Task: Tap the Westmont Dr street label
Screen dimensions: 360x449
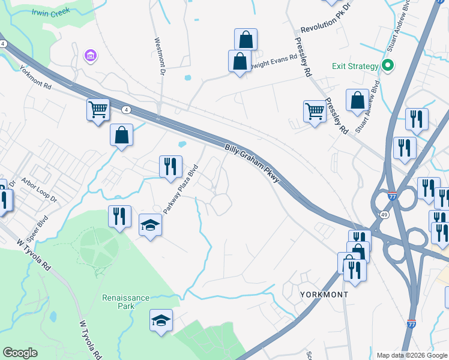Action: pyautogui.click(x=160, y=57)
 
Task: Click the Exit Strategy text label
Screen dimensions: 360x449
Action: pyautogui.click(x=355, y=66)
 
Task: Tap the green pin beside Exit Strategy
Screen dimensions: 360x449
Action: pyautogui.click(x=388, y=66)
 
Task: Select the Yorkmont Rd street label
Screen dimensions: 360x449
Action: pyautogui.click(x=35, y=77)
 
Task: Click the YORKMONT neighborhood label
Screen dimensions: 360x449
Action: pyautogui.click(x=324, y=295)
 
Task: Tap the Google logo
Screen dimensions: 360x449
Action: pyautogui.click(x=20, y=353)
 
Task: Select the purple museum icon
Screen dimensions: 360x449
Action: pyautogui.click(x=91, y=56)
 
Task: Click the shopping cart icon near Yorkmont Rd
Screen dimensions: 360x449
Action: pyautogui.click(x=98, y=110)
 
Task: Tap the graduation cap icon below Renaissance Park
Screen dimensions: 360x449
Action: pyautogui.click(x=161, y=321)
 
